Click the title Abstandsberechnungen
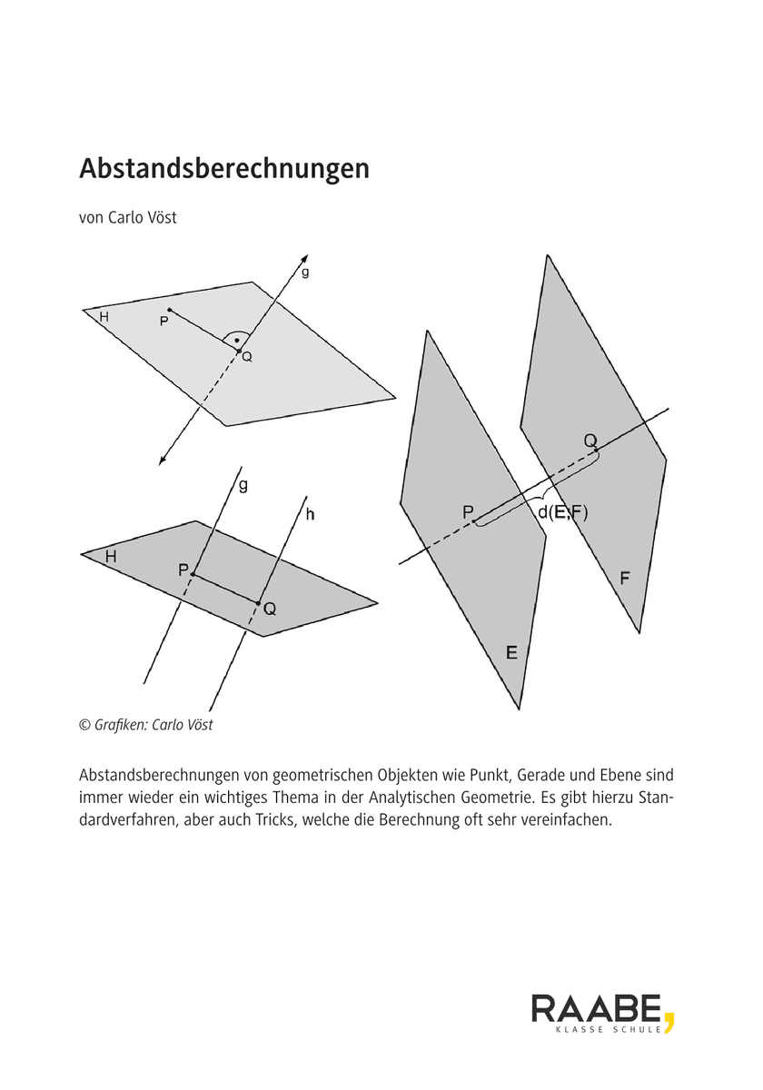point(224,169)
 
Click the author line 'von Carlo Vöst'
point(127,218)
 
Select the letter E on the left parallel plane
point(511,652)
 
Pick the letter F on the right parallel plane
point(625,577)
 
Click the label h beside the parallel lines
point(311,515)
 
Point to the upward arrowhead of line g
point(304,259)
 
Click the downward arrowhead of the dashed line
point(163,460)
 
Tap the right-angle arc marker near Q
point(236,338)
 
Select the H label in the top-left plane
point(104,317)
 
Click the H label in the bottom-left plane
point(111,557)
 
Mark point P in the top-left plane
point(170,311)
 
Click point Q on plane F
point(596,451)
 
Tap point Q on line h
point(258,602)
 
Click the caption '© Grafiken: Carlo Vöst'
point(146,725)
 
